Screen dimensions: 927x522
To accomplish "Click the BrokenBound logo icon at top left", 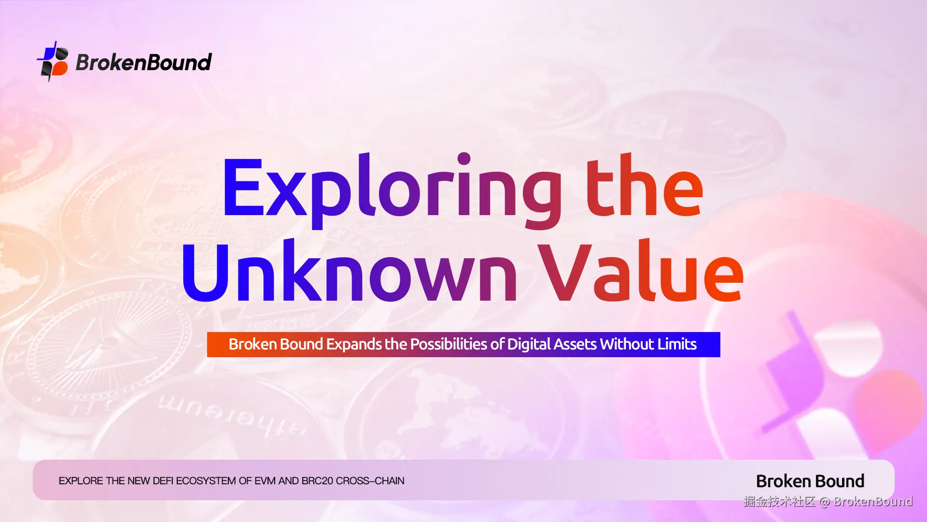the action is (53, 61).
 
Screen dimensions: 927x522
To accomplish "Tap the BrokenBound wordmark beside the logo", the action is (144, 62).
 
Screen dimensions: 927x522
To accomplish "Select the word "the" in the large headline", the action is (645, 186).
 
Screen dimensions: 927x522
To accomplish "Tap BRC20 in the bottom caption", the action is (317, 481).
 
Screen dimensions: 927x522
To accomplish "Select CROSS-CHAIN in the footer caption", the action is (370, 481).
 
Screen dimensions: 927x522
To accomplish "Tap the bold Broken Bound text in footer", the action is (810, 481).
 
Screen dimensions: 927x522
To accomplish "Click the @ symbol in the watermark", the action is (825, 502).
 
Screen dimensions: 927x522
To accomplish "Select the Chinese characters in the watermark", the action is (780, 502).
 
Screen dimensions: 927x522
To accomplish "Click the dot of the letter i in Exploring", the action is (464, 159).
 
